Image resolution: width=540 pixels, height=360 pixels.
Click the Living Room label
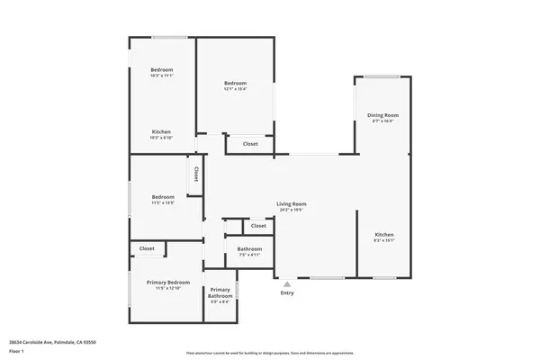(x=291, y=203)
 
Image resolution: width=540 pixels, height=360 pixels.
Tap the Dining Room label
(x=382, y=115)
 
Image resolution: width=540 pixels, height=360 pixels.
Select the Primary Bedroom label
(x=168, y=282)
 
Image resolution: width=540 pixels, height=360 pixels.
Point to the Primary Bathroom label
(x=220, y=292)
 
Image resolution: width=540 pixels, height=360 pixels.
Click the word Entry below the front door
(x=287, y=292)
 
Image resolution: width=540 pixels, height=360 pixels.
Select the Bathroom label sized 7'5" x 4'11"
(x=249, y=248)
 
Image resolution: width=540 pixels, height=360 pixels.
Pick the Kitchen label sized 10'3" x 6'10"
(x=161, y=131)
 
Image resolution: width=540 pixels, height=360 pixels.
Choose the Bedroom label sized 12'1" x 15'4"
(x=235, y=83)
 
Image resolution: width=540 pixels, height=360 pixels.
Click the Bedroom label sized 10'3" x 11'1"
(x=161, y=70)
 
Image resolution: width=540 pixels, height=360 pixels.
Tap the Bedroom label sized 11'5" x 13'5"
(x=163, y=197)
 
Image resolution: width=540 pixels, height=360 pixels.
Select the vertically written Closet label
(x=195, y=172)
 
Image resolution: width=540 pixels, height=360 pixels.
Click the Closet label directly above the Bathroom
(x=258, y=226)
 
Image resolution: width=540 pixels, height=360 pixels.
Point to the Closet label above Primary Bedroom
(x=147, y=248)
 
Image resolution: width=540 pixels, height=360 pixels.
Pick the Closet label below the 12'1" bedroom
(x=250, y=143)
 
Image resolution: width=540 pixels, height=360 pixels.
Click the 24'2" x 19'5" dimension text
(x=291, y=210)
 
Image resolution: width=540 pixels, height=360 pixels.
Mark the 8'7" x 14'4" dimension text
(x=382, y=121)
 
